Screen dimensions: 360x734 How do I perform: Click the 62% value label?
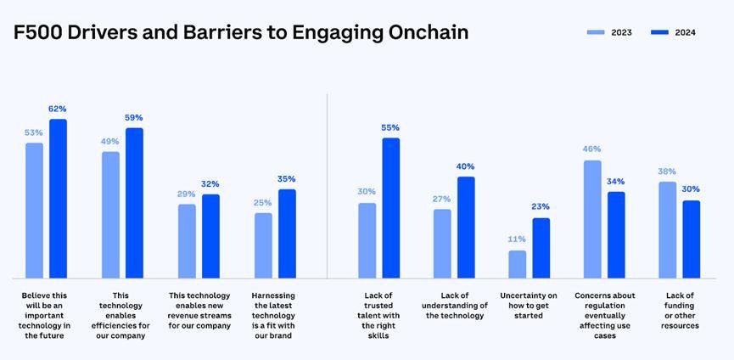click(x=58, y=109)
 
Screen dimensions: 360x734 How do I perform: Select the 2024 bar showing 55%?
click(x=390, y=208)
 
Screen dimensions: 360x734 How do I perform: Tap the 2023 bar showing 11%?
click(x=518, y=264)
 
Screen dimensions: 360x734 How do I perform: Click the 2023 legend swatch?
click(x=597, y=32)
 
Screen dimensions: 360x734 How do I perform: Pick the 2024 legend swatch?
click(x=660, y=32)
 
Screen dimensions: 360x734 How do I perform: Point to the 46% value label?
click(x=591, y=149)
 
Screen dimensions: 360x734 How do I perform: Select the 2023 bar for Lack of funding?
click(x=668, y=229)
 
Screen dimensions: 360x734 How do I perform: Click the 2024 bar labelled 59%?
click(x=134, y=203)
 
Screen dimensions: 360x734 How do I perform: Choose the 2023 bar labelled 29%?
click(x=187, y=241)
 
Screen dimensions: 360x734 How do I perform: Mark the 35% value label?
click(x=287, y=179)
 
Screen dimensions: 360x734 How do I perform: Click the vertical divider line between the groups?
click(x=328, y=187)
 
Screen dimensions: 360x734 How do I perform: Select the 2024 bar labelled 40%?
click(x=466, y=228)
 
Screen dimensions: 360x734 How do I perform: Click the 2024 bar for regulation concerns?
click(x=616, y=234)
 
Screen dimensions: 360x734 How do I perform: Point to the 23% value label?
click(x=541, y=206)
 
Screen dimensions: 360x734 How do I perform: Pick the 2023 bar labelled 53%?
click(x=34, y=211)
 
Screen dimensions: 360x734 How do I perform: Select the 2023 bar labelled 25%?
click(x=263, y=245)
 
